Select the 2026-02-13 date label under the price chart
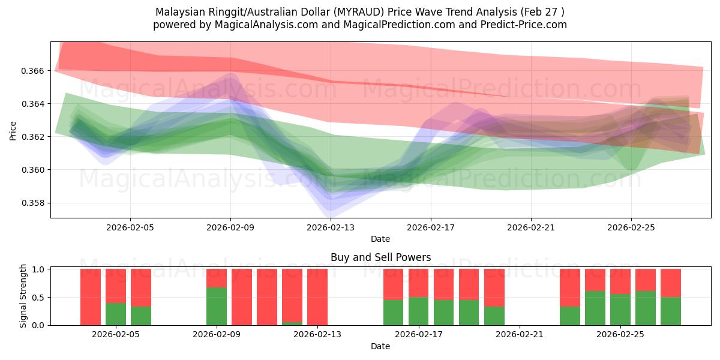pos(331,227)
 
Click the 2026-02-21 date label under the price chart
pos(530,227)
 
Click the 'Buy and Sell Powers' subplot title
pos(380,257)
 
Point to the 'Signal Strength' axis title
pos(23,296)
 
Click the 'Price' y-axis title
pos(13,130)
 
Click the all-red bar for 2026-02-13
pos(317,297)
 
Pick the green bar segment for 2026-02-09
pos(217,307)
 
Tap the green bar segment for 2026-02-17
pos(419,311)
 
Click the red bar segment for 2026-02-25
pos(620,281)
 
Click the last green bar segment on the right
pos(671,311)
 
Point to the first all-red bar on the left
pos(91,297)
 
